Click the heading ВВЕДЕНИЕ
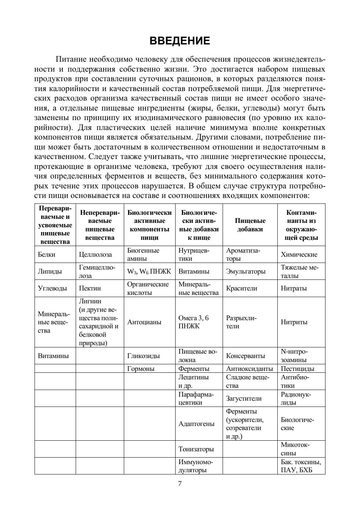pyautogui.click(x=180, y=41)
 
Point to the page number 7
pyautogui.click(x=180, y=484)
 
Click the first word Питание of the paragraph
pyautogui.click(x=71, y=59)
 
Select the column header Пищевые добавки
pyautogui.click(x=250, y=225)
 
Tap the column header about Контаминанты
pyautogui.click(x=301, y=225)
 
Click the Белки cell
pyautogui.click(x=47, y=254)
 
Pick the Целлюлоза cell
pyautogui.click(x=96, y=254)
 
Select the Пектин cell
pyautogui.click(x=90, y=288)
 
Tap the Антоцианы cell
pyautogui.click(x=144, y=322)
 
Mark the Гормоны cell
pyautogui.click(x=141, y=369)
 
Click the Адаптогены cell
pyautogui.click(x=197, y=424)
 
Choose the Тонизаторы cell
pyautogui.click(x=196, y=449)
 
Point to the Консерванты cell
pyautogui.click(x=245, y=356)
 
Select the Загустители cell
pyautogui.click(x=244, y=398)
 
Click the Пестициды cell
pyautogui.click(x=298, y=369)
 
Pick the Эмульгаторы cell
pyautogui.click(x=246, y=271)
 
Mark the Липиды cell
pyautogui.click(x=50, y=271)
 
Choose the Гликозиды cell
pyautogui.click(x=143, y=356)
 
